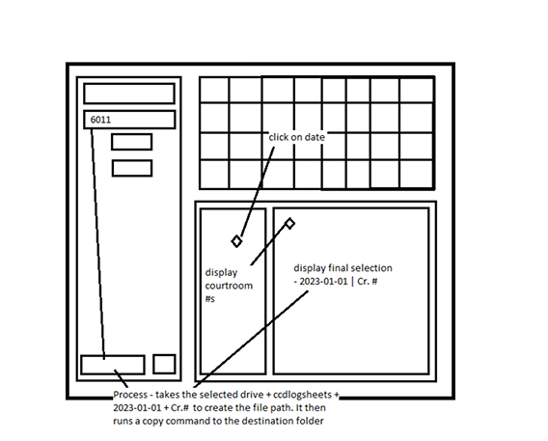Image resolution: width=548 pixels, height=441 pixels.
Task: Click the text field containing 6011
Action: pos(129,120)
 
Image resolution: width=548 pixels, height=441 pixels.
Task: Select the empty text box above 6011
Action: pos(129,94)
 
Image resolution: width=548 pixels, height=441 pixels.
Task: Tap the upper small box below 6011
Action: pos(131,142)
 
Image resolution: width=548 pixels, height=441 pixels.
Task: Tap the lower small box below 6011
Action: pos(131,168)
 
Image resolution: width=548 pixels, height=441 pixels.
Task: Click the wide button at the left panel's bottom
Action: pos(112,365)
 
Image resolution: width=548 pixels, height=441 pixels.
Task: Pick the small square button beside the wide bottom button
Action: pos(164,365)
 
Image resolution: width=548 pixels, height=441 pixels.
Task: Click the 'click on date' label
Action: pos(296,137)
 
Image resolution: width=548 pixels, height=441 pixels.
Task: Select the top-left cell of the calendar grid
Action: pos(214,90)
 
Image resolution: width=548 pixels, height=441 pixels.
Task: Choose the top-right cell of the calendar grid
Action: pos(416,90)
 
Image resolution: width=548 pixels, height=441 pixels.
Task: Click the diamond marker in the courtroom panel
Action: pos(236,240)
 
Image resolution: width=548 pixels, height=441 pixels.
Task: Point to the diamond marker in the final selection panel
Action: pos(289,223)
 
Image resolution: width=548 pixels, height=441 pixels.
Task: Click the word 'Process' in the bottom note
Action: pos(132,396)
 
